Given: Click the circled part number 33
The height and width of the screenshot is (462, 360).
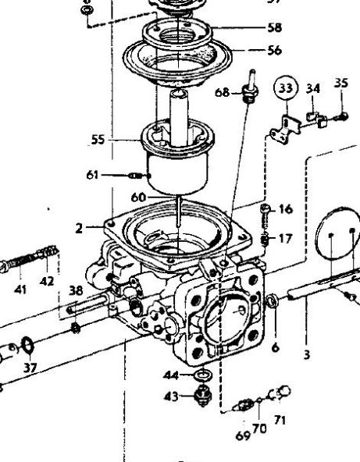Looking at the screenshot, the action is click(x=286, y=88).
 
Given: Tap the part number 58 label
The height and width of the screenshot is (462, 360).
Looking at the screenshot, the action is click(x=275, y=27).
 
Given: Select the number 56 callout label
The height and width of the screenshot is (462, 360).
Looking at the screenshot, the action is click(x=275, y=51).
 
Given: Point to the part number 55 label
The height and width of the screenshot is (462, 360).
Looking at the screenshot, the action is click(x=98, y=140).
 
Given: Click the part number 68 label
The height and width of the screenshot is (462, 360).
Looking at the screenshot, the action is click(x=222, y=93).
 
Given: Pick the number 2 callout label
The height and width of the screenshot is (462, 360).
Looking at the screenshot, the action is click(x=79, y=229).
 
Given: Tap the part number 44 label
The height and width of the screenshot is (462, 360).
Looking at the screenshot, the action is click(x=171, y=375).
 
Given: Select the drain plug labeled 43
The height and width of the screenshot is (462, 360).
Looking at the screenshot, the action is click(x=203, y=396).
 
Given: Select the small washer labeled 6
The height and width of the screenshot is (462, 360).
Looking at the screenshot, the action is click(x=272, y=300).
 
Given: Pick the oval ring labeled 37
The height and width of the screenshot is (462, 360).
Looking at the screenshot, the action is click(x=27, y=345).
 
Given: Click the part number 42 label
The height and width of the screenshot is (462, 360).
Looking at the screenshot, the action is click(x=47, y=282).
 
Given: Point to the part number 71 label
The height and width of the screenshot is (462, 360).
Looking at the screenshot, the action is click(x=280, y=420).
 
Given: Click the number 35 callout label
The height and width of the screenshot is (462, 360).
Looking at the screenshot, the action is click(x=341, y=83).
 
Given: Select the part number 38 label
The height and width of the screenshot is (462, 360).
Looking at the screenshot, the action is click(x=76, y=290).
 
